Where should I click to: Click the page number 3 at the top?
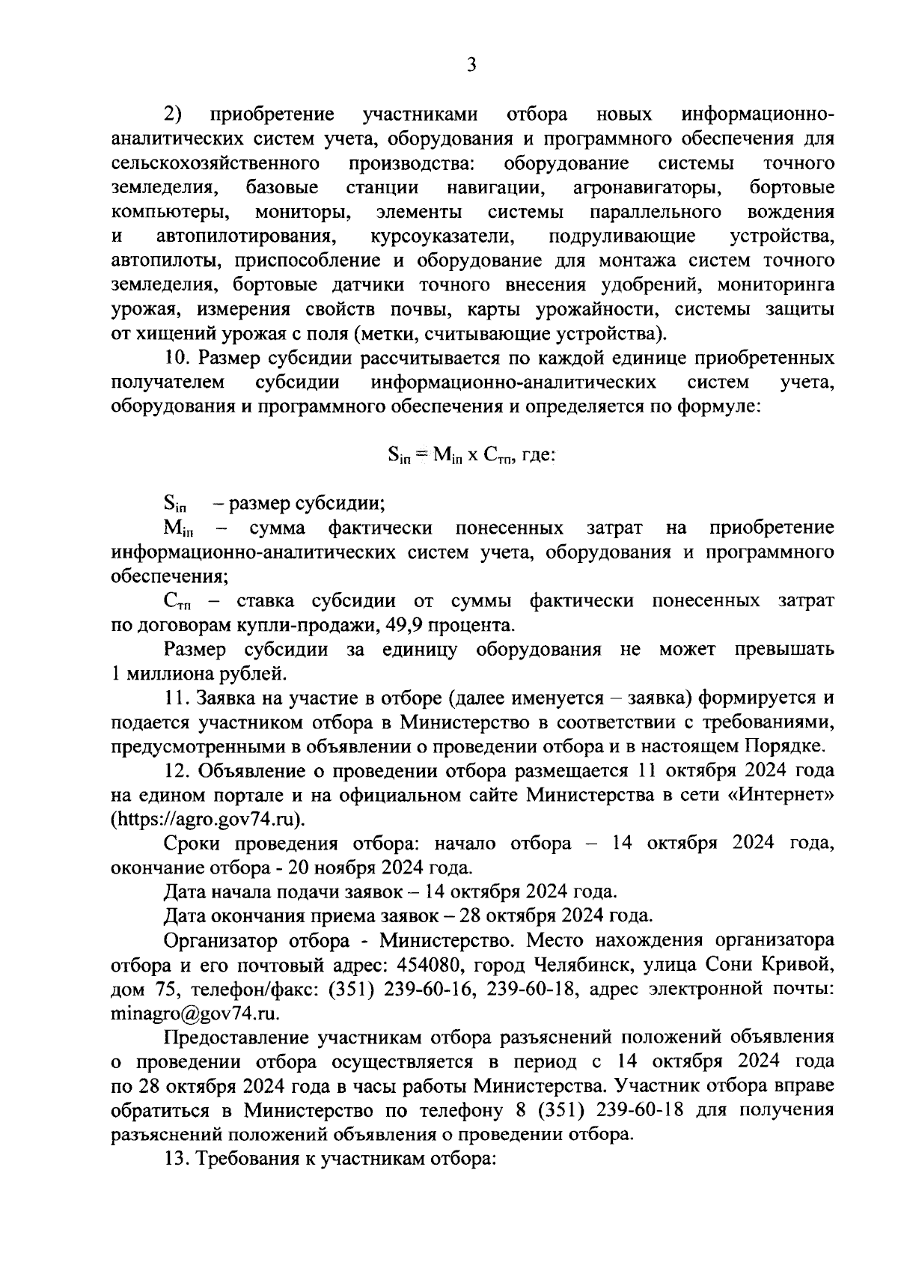click(x=471, y=65)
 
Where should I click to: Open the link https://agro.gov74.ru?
click(x=207, y=819)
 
